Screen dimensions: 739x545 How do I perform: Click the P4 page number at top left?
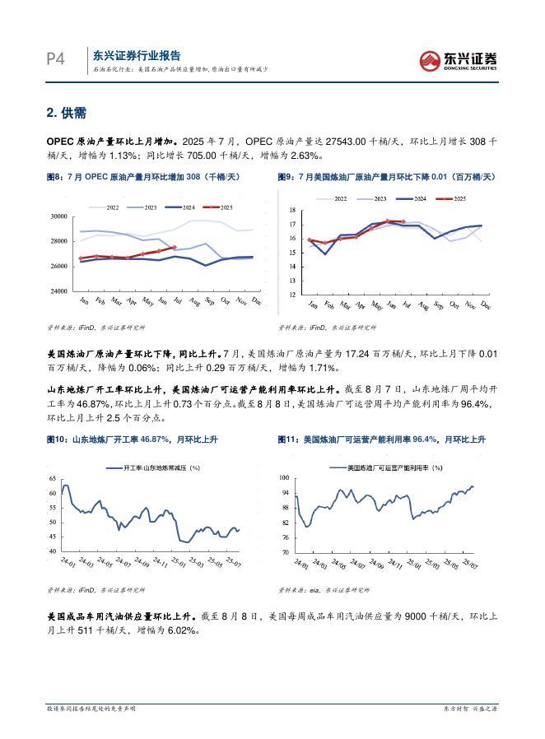coord(55,59)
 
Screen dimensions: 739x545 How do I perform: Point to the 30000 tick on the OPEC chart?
coord(58,216)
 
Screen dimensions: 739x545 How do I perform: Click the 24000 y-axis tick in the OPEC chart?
coord(58,291)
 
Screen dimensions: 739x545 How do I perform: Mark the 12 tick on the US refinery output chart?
coord(291,294)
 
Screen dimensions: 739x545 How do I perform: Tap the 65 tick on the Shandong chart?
coord(53,479)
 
